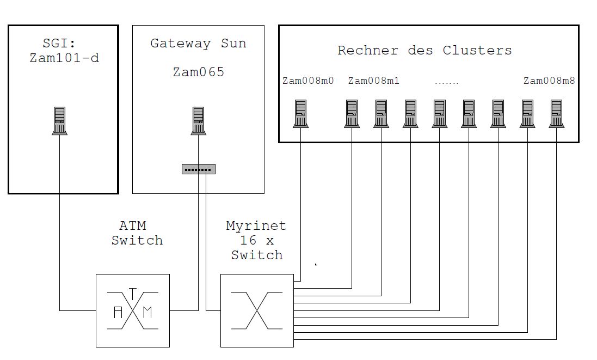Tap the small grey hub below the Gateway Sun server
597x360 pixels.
click(199, 169)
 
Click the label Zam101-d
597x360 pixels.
click(64, 58)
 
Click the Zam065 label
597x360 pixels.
click(198, 72)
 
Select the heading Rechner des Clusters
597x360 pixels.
click(424, 51)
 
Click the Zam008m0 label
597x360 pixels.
click(308, 81)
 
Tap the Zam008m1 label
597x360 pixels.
click(373, 81)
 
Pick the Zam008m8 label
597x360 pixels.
click(549, 81)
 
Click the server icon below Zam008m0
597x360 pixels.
click(301, 113)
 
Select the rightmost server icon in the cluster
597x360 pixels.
click(556, 113)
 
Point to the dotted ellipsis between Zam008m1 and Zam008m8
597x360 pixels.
click(447, 83)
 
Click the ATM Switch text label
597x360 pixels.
click(137, 233)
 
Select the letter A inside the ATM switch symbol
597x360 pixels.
click(118, 312)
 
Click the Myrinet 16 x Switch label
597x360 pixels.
click(256, 240)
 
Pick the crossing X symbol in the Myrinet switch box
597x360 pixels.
click(257, 310)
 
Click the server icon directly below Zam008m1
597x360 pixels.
click(352, 113)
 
